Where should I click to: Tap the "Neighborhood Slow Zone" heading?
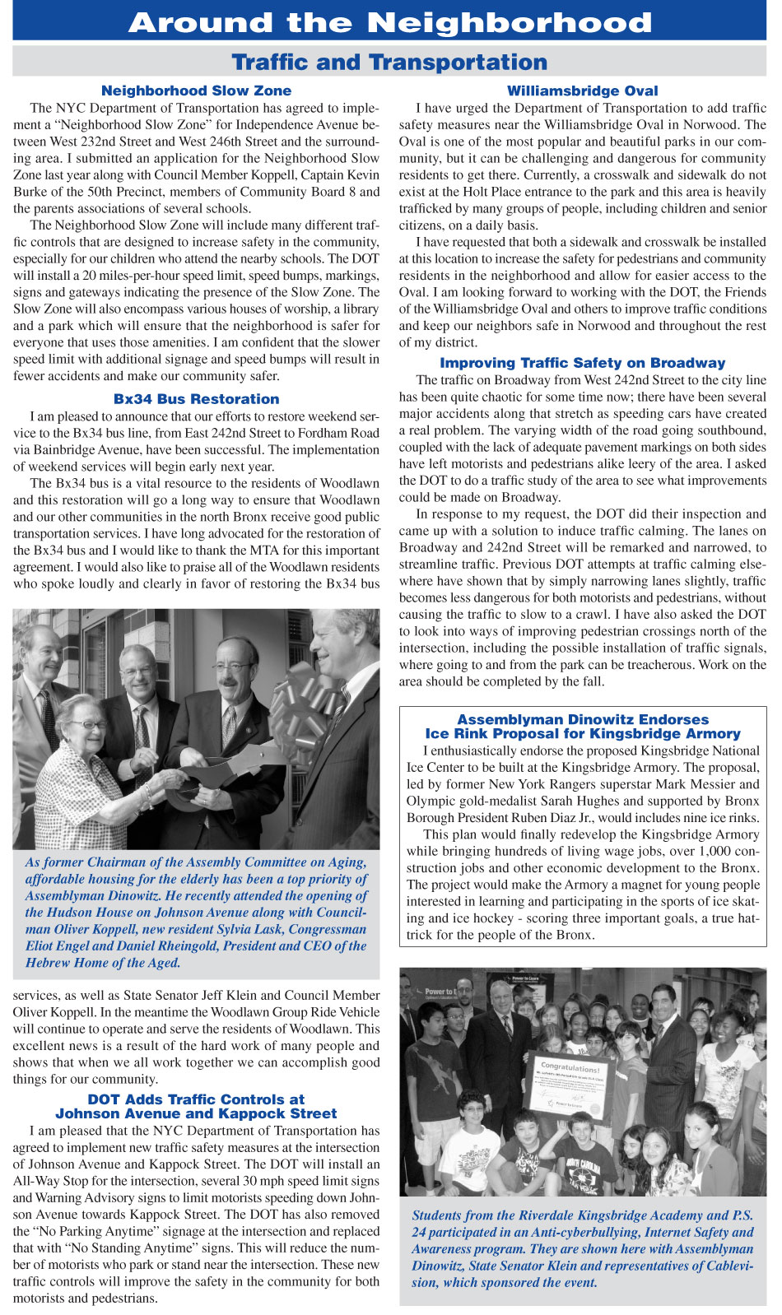coord(196,91)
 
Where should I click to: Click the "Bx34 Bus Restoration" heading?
coord(196,399)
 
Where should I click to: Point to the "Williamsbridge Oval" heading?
coord(582,91)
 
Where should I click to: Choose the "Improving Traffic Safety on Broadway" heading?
coord(582,363)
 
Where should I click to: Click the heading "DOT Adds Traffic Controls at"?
coord(196,1099)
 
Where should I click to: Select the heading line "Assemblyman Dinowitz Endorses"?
coord(582,720)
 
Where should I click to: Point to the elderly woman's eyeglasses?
coord(88,724)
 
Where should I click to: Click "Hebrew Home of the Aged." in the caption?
coord(103,963)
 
